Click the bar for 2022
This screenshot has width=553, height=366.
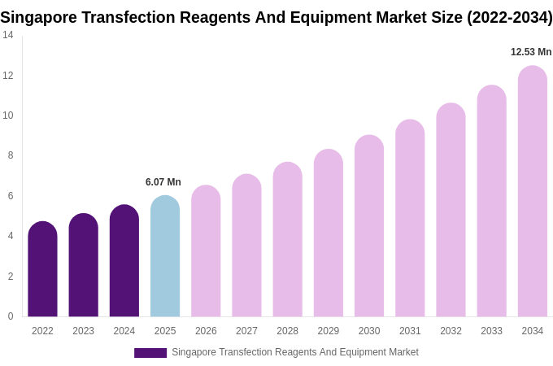tap(42, 270)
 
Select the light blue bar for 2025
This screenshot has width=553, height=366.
tap(165, 257)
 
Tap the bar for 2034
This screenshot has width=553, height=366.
tap(532, 192)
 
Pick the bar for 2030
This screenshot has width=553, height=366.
tap(369, 227)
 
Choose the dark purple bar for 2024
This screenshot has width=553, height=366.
tap(124, 262)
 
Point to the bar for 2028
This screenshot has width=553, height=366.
tap(287, 240)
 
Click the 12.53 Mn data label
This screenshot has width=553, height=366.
tap(531, 52)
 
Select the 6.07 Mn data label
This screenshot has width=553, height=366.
tap(163, 182)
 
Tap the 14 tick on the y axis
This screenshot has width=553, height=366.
tap(8, 35)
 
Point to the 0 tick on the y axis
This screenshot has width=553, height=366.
tap(11, 316)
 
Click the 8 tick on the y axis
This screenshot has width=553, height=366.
tap(11, 155)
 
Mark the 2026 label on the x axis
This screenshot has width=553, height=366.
tap(206, 331)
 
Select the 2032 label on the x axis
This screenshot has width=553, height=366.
tap(451, 331)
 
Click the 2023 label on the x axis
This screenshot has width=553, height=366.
tap(84, 331)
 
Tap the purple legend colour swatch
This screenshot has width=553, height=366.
tap(150, 353)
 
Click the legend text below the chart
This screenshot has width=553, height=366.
tap(294, 352)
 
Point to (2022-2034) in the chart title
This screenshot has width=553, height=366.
tap(509, 17)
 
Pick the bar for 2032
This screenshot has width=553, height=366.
tap(451, 211)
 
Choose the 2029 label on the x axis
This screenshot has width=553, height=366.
tap(329, 331)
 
